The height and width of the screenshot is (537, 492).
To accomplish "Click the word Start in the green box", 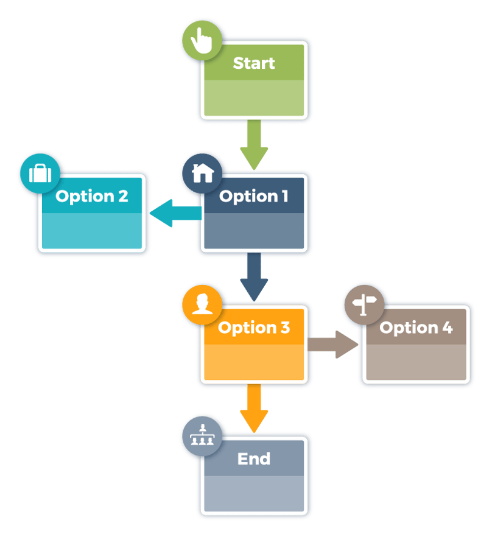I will coord(254,63).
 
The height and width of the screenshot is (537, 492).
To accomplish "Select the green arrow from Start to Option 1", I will coord(254,144).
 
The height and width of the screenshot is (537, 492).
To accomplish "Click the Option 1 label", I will coord(253,196).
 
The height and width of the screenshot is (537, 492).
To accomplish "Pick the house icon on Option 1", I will coord(202,174).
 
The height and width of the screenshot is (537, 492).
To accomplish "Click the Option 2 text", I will coord(92,196).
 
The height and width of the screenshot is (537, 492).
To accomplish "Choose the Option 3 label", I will coord(253,328).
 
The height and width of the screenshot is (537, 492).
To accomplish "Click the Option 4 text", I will coord(416,328).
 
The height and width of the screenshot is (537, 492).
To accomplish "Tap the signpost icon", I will coord(364,303).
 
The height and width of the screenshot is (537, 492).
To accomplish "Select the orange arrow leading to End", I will coord(254,408).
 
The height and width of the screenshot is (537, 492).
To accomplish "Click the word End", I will coord(254,458).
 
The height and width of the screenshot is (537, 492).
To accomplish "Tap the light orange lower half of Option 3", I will coord(254,362).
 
